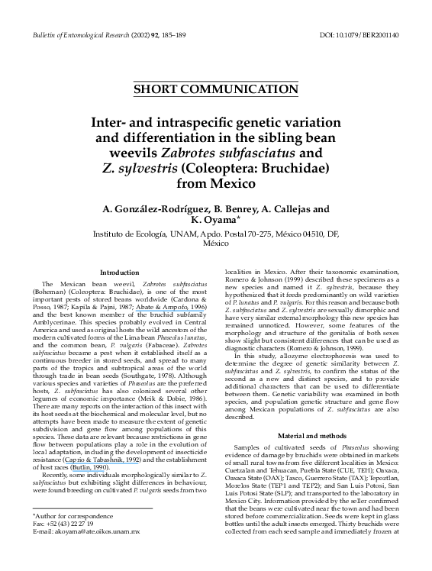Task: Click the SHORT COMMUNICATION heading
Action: pyautogui.click(x=216, y=89)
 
